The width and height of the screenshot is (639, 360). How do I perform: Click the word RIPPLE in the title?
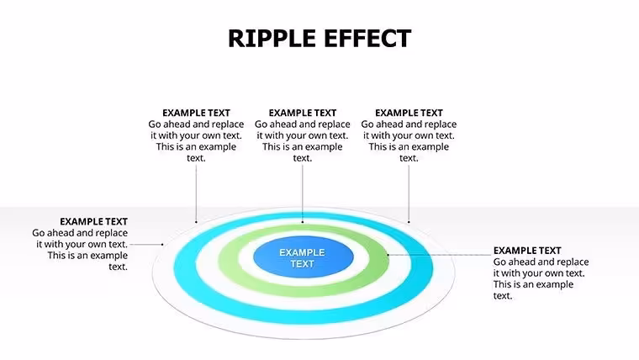tap(272, 39)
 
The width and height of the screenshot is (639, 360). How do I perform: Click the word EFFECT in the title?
tap(367, 39)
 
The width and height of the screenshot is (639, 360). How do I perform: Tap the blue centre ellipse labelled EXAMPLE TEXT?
tap(304, 257)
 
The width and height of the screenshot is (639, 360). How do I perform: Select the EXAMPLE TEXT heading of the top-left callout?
tap(196, 113)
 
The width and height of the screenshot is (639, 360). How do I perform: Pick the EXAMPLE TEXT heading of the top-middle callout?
tap(303, 113)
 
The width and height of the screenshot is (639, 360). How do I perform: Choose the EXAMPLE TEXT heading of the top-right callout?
tap(409, 113)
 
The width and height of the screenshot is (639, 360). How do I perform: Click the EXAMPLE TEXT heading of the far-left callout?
tap(93, 221)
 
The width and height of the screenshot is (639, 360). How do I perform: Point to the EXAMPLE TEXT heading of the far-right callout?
tap(527, 251)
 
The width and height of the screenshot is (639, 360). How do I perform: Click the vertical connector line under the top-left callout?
tap(196, 193)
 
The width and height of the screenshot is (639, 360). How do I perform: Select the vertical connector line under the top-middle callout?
tap(303, 193)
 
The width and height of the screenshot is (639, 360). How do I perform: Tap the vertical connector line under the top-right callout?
tap(409, 193)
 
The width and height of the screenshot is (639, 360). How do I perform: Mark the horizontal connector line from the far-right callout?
tap(440, 255)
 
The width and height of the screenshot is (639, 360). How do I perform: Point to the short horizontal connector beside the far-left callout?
tap(146, 245)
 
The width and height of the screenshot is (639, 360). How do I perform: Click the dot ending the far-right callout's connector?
tap(388, 255)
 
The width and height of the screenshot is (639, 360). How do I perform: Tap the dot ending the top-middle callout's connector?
tap(303, 222)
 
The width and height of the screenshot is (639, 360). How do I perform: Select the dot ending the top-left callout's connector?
tap(196, 222)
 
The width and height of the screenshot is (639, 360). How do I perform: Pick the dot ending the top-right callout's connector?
tap(409, 222)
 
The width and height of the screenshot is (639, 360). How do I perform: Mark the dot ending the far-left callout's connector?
tap(162, 245)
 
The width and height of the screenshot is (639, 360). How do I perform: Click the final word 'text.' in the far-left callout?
tap(119, 267)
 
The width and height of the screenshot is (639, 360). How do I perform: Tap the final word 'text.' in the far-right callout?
tap(503, 296)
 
